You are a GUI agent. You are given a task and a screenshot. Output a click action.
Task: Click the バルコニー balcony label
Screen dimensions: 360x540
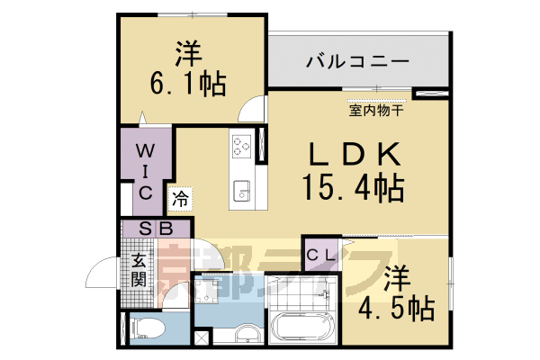click(x=357, y=63)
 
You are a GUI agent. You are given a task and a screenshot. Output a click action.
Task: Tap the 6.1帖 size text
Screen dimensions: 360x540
click(x=187, y=86)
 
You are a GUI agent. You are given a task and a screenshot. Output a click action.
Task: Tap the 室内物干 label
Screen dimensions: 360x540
click(x=375, y=112)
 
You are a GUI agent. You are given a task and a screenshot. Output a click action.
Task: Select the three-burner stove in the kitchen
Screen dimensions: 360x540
click(x=241, y=145)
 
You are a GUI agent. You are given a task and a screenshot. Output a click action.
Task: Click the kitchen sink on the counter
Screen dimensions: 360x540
click(x=241, y=190)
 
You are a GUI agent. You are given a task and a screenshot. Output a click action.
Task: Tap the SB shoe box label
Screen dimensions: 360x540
click(x=156, y=229)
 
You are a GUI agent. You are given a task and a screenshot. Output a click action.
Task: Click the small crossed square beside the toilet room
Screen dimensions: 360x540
click(x=202, y=338)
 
